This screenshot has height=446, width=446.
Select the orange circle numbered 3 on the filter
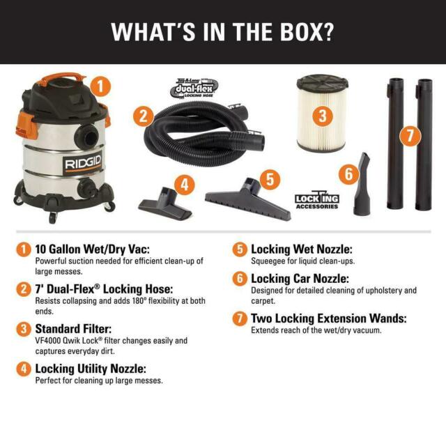tap(322, 116)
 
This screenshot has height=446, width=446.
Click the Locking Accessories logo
tap(317, 200)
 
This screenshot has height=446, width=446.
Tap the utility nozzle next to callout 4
tap(159, 200)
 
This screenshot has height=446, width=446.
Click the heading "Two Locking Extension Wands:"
tap(328, 318)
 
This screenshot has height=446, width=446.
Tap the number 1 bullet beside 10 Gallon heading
tap(24, 249)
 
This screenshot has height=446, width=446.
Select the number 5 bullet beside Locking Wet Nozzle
tap(239, 249)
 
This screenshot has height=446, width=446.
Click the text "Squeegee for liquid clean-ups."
tap(302, 261)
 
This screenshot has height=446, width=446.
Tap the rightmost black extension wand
tap(424, 143)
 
